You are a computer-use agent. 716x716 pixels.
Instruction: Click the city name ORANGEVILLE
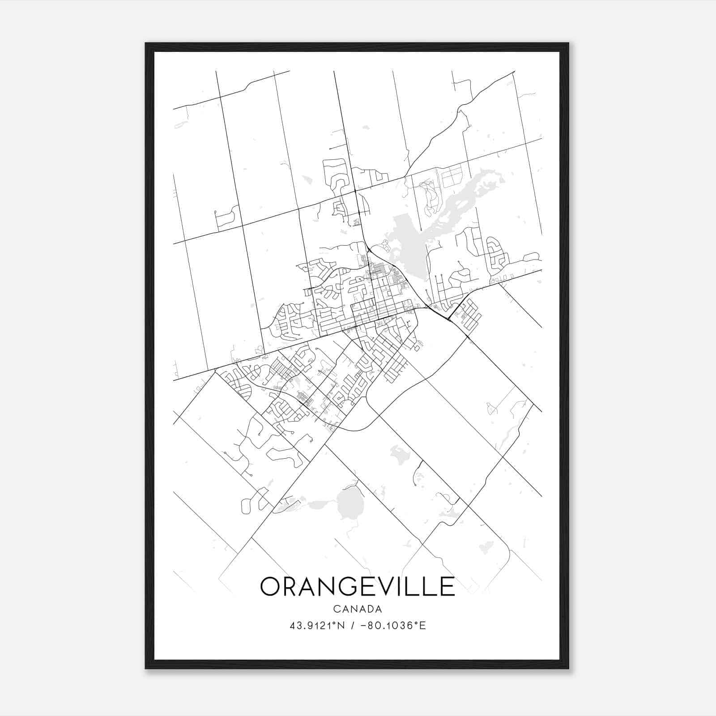point(357,587)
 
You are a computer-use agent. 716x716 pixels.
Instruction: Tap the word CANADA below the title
point(357,609)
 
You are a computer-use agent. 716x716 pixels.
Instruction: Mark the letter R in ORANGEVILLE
point(293,587)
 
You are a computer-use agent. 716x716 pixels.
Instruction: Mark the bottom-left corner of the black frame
point(146,668)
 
